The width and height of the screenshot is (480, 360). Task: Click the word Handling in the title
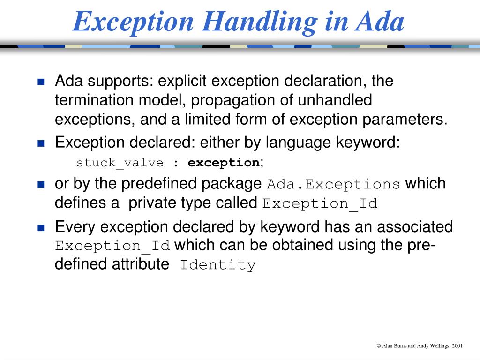click(x=251, y=22)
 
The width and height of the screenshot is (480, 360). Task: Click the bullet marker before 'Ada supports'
click(x=41, y=82)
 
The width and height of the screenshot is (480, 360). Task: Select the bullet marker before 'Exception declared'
click(x=41, y=143)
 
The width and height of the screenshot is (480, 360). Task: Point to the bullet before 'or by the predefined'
click(x=41, y=184)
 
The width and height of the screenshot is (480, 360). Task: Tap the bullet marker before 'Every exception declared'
click(x=41, y=228)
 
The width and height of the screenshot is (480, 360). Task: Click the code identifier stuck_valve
click(x=120, y=163)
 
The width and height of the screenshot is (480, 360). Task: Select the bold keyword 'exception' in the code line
click(x=224, y=163)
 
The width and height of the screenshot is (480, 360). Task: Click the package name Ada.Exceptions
click(x=333, y=185)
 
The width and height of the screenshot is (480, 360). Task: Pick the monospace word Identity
click(x=218, y=265)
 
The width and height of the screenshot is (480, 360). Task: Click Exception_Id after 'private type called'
click(x=320, y=204)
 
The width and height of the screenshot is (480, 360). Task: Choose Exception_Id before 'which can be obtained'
click(x=112, y=246)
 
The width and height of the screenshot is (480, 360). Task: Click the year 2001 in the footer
click(x=457, y=346)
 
